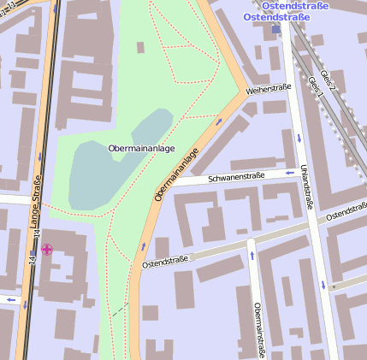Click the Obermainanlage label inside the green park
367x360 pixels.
[x=141, y=148]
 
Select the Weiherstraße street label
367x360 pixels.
[x=268, y=88]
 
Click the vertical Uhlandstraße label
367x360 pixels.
[x=305, y=186]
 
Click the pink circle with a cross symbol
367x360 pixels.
[x=47, y=250]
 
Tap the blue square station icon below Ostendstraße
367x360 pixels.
[x=275, y=29]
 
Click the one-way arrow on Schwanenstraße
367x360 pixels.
[x=289, y=171]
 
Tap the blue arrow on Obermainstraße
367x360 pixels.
[x=252, y=254]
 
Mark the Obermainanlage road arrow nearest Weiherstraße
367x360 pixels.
[x=219, y=121]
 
